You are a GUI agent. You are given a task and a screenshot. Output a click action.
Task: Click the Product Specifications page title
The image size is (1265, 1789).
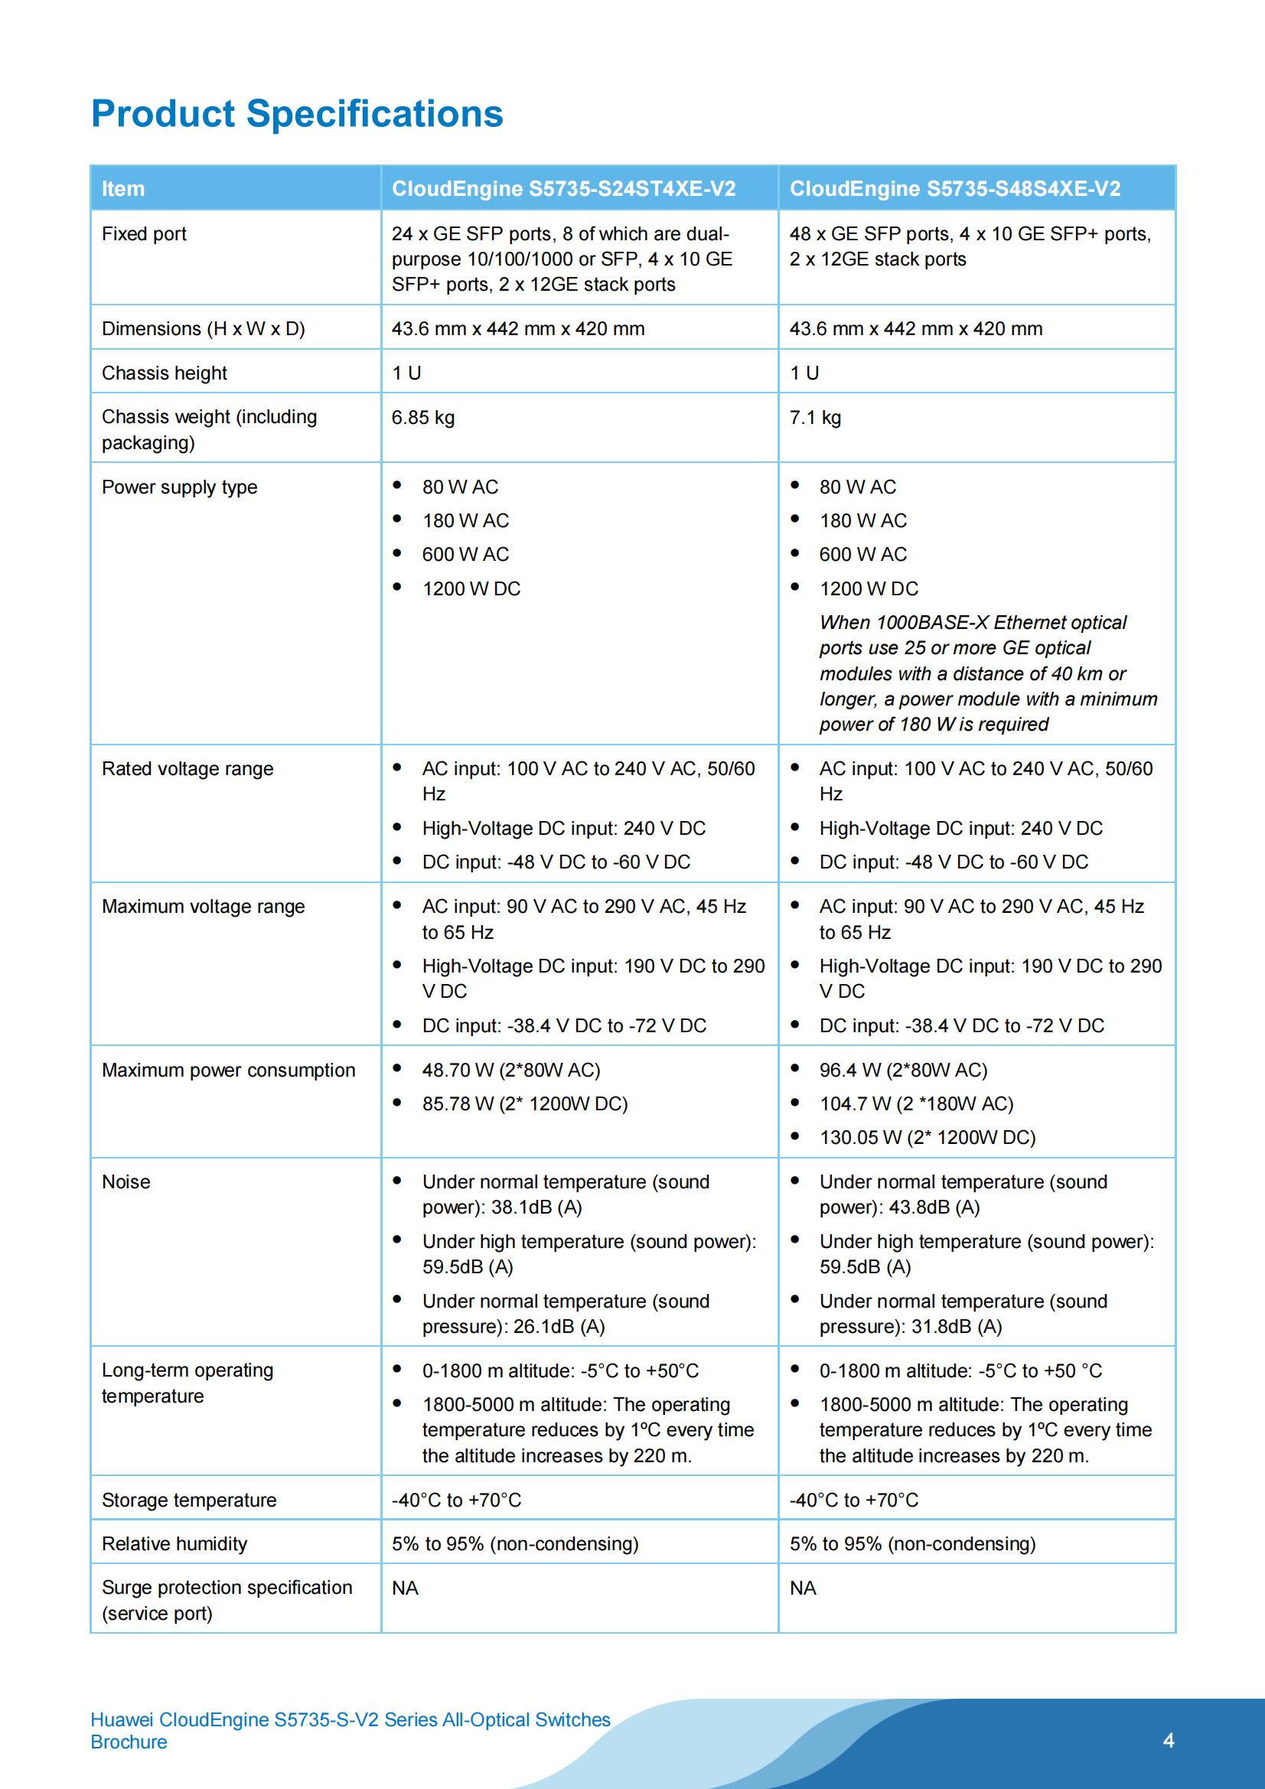pyautogui.click(x=297, y=114)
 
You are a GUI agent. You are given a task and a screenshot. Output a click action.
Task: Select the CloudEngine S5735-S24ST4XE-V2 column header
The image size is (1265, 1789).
pyautogui.click(x=562, y=188)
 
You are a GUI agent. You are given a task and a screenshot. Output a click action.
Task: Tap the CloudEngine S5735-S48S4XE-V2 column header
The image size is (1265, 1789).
pyautogui.click(x=955, y=188)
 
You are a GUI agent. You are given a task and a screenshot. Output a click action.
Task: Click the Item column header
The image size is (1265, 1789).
pyautogui.click(x=123, y=188)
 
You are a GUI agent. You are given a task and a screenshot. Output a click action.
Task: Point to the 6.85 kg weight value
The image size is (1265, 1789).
pyautogui.click(x=422, y=418)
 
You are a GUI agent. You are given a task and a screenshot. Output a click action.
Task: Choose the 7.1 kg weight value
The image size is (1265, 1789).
pyautogui.click(x=815, y=418)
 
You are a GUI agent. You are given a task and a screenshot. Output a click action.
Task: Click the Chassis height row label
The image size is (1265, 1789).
pyautogui.click(x=165, y=373)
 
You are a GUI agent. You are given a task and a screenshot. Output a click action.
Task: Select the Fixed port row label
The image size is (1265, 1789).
pyautogui.click(x=144, y=233)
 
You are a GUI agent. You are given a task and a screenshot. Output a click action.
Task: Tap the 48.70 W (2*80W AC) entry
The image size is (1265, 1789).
pyautogui.click(x=510, y=1070)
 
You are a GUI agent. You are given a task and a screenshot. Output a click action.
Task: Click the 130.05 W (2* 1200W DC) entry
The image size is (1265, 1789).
pyautogui.click(x=927, y=1138)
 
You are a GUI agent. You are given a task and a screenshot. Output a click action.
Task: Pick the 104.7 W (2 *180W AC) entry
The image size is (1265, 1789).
pyautogui.click(x=916, y=1103)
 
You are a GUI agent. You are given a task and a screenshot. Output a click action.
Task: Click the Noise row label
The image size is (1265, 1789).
pyautogui.click(x=126, y=1182)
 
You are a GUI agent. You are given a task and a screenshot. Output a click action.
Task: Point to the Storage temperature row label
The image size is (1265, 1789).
pyautogui.click(x=188, y=1500)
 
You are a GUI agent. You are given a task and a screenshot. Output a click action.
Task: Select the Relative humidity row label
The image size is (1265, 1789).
pyautogui.click(x=174, y=1543)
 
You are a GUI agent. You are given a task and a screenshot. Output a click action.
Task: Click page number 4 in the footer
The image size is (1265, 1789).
pyautogui.click(x=1168, y=1740)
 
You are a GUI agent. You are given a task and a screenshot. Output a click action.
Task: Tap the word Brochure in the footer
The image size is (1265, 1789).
pyautogui.click(x=129, y=1742)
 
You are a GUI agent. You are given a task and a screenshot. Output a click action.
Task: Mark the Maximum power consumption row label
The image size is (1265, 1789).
pyautogui.click(x=228, y=1070)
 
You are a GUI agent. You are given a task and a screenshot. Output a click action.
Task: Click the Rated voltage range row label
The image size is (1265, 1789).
pyautogui.click(x=187, y=769)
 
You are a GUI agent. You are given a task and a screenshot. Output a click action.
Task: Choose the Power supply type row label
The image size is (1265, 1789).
pyautogui.click(x=179, y=487)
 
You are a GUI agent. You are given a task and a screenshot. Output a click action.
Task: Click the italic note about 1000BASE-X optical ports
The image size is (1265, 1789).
pyautogui.click(x=987, y=673)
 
